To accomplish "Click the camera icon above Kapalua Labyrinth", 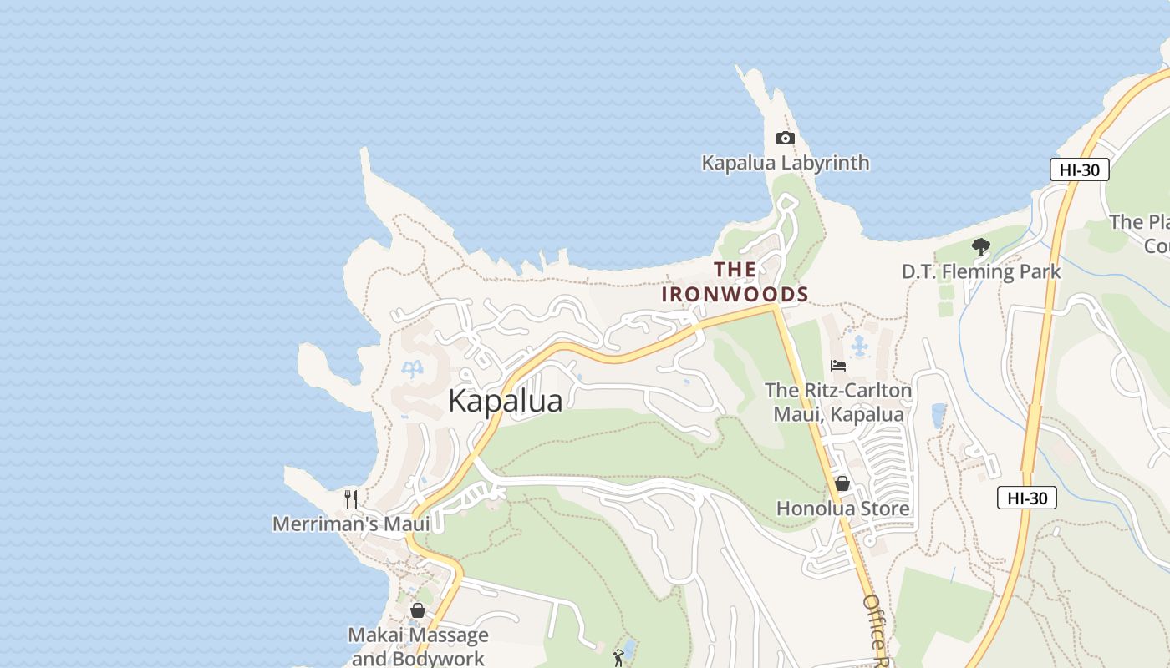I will point(785,139).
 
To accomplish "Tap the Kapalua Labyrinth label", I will point(785,163).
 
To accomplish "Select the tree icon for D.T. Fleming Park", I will point(981,247).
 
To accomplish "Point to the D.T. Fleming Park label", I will point(981,271).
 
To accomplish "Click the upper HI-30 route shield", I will point(1079,170).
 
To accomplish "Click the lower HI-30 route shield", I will point(1026,498).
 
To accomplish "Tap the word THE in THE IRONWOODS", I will point(735,270).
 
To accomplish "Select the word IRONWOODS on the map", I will point(735,294).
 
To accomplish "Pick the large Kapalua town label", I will point(505,401).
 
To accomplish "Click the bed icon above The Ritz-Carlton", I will point(838,366).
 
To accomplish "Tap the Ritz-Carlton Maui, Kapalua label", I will point(838,402).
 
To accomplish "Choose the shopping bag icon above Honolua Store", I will point(842,483).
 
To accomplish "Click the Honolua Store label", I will point(842,508).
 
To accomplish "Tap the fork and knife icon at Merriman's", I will point(351,499).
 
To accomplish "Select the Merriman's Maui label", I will point(351,524).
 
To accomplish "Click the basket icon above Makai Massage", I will point(418,610).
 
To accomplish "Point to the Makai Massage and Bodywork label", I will point(418,646).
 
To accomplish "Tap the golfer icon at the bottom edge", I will point(618,658).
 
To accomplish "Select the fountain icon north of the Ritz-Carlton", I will point(858,345).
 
